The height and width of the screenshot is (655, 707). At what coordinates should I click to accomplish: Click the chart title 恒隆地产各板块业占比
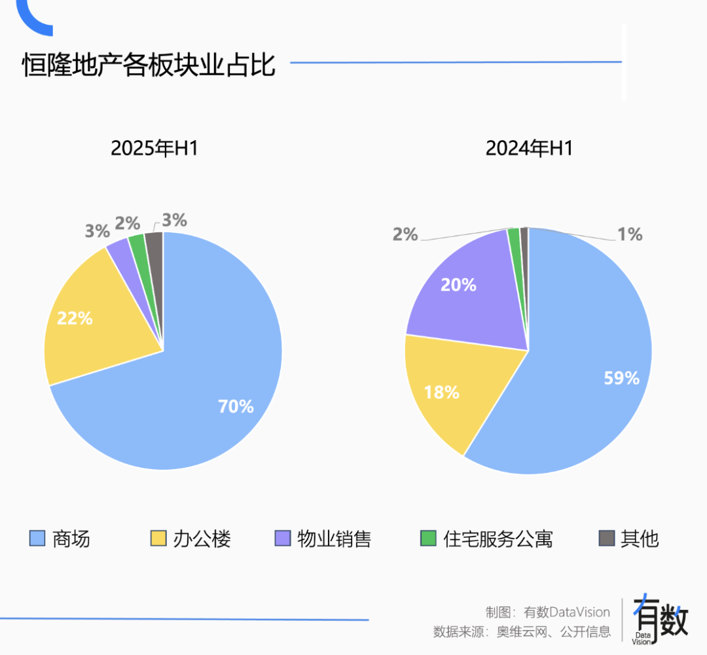pyautogui.click(x=149, y=66)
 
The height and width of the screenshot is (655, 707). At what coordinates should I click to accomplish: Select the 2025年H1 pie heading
pyautogui.click(x=154, y=149)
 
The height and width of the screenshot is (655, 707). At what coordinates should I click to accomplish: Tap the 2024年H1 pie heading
pyautogui.click(x=529, y=149)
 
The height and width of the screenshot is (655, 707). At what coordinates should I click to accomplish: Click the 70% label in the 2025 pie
pyautogui.click(x=236, y=406)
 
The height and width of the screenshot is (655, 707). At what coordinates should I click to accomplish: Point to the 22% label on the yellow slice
pyautogui.click(x=75, y=319)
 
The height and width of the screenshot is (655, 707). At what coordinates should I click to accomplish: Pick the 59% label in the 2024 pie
pyautogui.click(x=621, y=378)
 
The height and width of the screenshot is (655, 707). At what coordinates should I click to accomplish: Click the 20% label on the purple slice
pyautogui.click(x=458, y=285)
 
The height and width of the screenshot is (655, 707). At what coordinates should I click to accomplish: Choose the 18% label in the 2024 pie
pyautogui.click(x=441, y=393)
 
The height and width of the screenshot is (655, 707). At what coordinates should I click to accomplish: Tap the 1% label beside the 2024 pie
pyautogui.click(x=630, y=234)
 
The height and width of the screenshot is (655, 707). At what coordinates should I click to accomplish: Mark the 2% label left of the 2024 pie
pyautogui.click(x=405, y=234)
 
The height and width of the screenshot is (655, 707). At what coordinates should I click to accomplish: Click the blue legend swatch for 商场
pyautogui.click(x=37, y=539)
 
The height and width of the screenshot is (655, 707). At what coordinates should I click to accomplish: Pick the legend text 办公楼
pyautogui.click(x=202, y=539)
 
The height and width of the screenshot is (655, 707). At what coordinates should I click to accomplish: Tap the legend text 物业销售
pyautogui.click(x=334, y=539)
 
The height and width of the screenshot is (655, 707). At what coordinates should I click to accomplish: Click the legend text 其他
pyautogui.click(x=640, y=539)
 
